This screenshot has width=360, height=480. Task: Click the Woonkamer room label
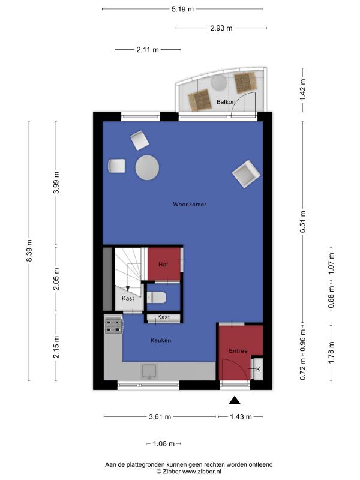click(x=190, y=204)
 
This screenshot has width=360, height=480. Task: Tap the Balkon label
click(x=226, y=101)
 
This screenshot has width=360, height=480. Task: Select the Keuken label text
click(x=161, y=340)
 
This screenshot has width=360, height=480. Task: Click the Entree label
click(x=238, y=351)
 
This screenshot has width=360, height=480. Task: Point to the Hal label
click(x=163, y=264)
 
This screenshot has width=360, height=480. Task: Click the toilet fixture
click(x=156, y=297)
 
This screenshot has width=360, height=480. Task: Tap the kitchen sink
click(x=149, y=371)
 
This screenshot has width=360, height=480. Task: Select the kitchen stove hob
click(x=113, y=325)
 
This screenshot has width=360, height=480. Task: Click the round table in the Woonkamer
click(x=147, y=168)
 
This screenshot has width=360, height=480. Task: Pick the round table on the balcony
click(x=219, y=83)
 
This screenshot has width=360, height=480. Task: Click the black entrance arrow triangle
click(x=235, y=400)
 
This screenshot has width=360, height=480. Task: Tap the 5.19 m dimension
click(x=183, y=9)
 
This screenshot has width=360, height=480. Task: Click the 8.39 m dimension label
click(x=29, y=251)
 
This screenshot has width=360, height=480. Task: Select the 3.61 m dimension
click(x=160, y=416)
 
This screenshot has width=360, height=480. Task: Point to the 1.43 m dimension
click(x=241, y=416)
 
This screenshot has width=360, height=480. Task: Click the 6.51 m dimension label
click(x=303, y=221)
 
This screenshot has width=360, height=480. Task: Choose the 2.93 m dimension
click(x=221, y=28)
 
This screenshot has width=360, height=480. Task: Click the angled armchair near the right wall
click(x=247, y=174)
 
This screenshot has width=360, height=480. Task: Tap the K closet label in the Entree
click(x=258, y=370)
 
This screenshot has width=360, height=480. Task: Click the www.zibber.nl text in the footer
click(x=202, y=472)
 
